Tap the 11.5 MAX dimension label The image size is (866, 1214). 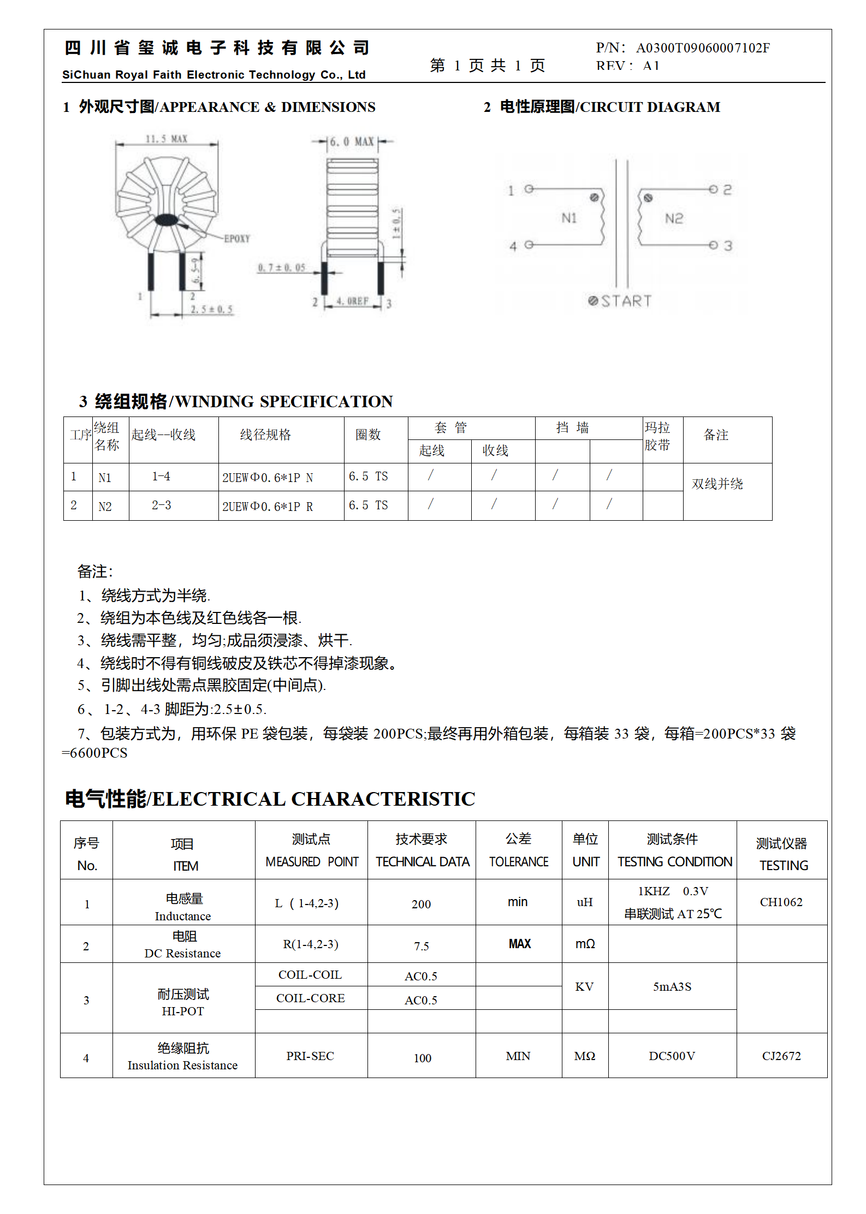click(166, 139)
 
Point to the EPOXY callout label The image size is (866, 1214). click(236, 239)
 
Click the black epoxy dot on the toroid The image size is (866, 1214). click(165, 220)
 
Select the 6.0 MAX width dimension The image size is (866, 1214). click(352, 142)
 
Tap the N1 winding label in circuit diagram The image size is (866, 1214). click(569, 218)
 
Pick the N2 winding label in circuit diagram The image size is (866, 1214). click(674, 219)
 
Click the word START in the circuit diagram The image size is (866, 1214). click(626, 301)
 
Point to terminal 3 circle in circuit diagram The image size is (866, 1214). click(713, 245)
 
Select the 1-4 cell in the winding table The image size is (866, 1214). click(161, 477)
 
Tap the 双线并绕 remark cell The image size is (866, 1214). click(717, 484)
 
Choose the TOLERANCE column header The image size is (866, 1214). click(518, 862)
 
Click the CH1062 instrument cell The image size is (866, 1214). click(781, 902)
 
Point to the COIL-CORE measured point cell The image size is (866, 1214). click(310, 998)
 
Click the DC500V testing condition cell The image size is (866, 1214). click(672, 1056)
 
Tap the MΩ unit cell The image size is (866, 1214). click(584, 1056)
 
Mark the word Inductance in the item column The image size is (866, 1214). click(182, 916)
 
